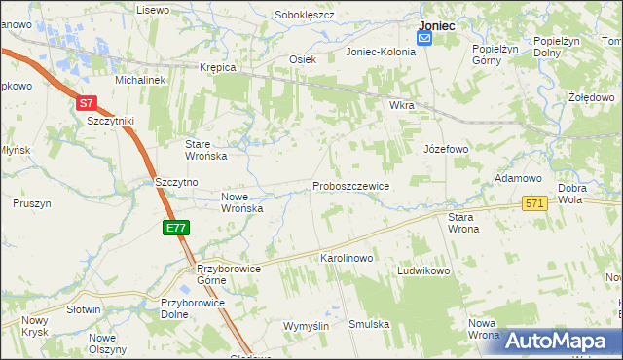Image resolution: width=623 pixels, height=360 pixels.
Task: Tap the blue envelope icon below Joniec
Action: pyautogui.click(x=425, y=38)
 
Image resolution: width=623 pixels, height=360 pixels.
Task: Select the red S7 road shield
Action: pyautogui.click(x=87, y=102)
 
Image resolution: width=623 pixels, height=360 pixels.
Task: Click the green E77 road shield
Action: pyautogui.click(x=176, y=228)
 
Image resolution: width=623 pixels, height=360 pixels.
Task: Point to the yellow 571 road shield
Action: pyautogui.click(x=534, y=203)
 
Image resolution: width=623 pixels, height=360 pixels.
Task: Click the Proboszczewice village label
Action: pyautogui.click(x=350, y=186)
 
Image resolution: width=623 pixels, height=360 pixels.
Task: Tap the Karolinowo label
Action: pyautogui.click(x=347, y=259)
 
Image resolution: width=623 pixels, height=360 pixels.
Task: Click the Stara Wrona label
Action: pyautogui.click(x=463, y=223)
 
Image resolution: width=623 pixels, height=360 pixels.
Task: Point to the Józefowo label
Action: pyautogui.click(x=446, y=150)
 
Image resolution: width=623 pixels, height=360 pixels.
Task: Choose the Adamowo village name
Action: pyautogui.click(x=518, y=179)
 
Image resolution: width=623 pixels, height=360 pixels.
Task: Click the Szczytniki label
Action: pyautogui.click(x=110, y=121)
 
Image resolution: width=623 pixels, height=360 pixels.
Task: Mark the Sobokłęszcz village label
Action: pyautogui.click(x=305, y=16)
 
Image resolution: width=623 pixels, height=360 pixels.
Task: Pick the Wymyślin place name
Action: pyautogui.click(x=306, y=325)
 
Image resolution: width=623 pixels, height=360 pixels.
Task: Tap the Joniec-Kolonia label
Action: pyautogui.click(x=381, y=53)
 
